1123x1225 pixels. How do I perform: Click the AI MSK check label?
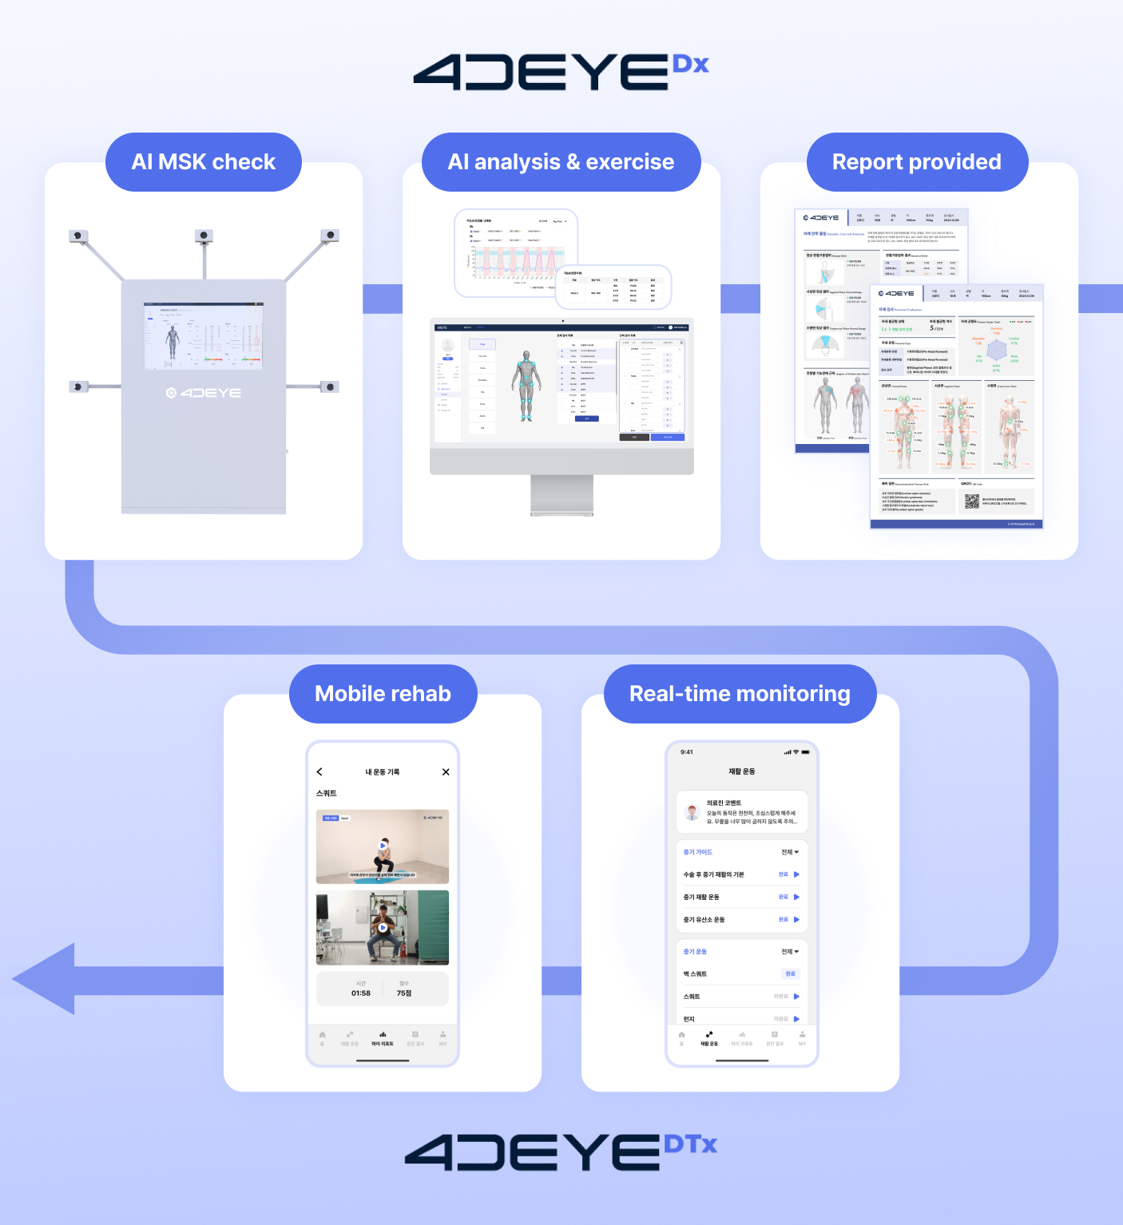pos(203,162)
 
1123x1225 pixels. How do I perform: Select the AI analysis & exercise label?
pos(561,162)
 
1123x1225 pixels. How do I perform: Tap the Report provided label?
pos(916,162)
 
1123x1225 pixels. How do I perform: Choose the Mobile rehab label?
pos(383,694)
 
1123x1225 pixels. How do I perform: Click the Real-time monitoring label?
pos(740,694)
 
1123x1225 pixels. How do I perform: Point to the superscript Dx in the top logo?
pos(690,65)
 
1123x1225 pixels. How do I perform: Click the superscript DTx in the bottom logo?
pos(691,1144)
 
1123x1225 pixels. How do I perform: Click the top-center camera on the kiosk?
pos(204,236)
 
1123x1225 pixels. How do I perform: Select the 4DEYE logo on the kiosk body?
pos(204,393)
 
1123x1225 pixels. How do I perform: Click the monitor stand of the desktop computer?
pos(561,495)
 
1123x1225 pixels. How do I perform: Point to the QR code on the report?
pos(971,501)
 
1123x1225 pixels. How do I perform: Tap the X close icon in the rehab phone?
pos(446,772)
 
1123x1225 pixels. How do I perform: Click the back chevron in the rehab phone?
pos(319,772)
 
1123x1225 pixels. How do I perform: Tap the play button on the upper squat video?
pos(383,846)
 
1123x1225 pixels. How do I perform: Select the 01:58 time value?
pos(361,993)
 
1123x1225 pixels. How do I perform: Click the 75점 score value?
pos(404,993)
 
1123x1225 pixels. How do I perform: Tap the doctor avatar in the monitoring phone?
pos(692,813)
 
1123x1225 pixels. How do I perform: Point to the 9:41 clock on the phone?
pos(687,752)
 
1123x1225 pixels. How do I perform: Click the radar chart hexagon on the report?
pos(996,350)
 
